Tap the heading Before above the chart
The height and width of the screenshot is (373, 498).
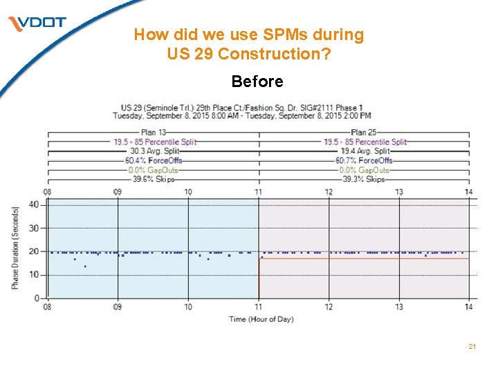point(257,82)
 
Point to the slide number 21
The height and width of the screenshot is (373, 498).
point(472,346)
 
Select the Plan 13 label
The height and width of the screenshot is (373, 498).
point(154,132)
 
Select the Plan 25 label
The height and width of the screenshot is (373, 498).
point(363,132)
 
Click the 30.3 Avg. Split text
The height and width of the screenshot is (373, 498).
point(154,151)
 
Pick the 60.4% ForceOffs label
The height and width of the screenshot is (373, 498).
point(154,160)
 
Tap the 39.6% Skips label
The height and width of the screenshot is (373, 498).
point(154,179)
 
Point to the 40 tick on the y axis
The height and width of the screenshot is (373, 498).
point(34,204)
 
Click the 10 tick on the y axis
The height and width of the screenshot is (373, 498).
point(34,275)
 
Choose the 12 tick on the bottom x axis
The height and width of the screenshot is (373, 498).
point(329,307)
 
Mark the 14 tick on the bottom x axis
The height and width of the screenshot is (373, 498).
point(469,307)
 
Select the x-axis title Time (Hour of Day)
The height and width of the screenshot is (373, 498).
point(261,319)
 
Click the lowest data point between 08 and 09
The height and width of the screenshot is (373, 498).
point(85,267)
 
